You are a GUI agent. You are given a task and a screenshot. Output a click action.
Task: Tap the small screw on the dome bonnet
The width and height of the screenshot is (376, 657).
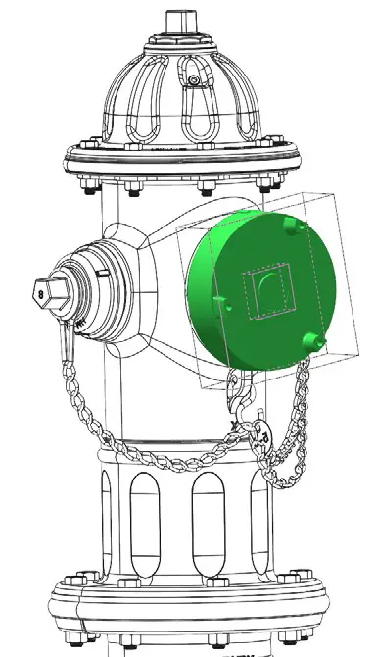pyautogui.click(x=194, y=79)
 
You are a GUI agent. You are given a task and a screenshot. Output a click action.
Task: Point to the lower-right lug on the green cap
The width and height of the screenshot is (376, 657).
pyautogui.click(x=313, y=340)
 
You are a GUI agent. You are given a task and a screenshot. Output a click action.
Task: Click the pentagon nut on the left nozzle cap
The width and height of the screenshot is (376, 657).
pyautogui.click(x=43, y=290)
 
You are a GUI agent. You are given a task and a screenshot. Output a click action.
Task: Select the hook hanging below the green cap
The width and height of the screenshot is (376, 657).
pyautogui.click(x=242, y=400)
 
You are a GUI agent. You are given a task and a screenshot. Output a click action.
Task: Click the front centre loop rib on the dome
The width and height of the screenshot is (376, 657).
pyautogui.click(x=195, y=108)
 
